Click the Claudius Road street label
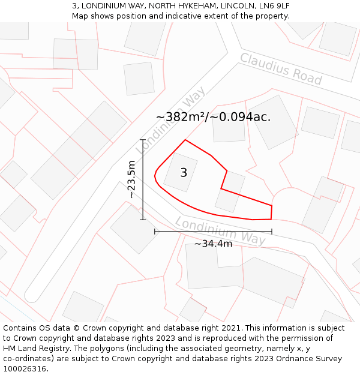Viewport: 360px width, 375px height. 281,68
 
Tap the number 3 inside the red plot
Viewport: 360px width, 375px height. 184,173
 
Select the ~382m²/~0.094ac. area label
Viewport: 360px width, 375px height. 213,117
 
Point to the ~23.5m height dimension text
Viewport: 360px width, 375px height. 132,179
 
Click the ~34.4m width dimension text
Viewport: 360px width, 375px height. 213,244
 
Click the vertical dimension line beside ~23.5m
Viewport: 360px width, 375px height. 143,179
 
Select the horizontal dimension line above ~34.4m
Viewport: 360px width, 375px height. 213,231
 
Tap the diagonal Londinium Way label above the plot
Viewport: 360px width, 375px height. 171,120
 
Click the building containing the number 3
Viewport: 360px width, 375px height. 180,172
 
